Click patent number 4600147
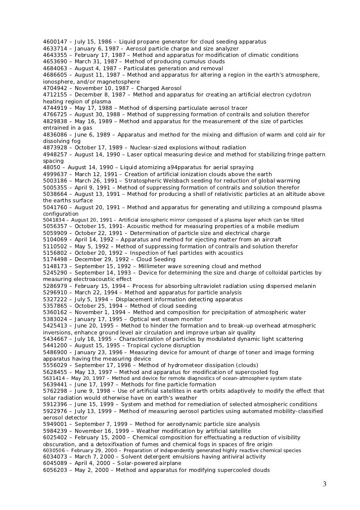tap(56, 42)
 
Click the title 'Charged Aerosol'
tap(159, 88)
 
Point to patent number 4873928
tap(56, 147)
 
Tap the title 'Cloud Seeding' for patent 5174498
tap(156, 259)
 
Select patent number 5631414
tap(53, 378)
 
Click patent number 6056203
tap(56, 470)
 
